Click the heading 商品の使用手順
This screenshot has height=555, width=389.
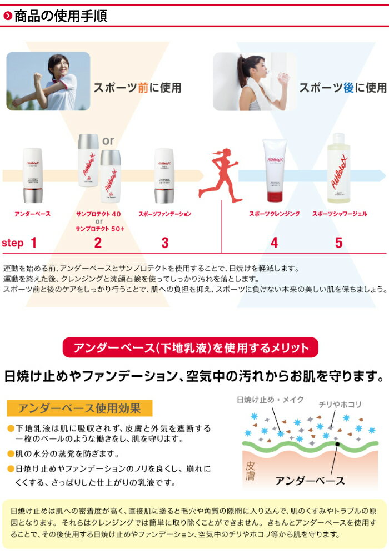click(60, 16)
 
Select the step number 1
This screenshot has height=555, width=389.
click(33, 243)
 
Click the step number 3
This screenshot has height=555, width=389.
click(164, 243)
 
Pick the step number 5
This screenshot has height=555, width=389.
click(339, 243)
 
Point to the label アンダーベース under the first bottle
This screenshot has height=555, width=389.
click(33, 214)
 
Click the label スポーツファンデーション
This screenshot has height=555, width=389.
click(165, 214)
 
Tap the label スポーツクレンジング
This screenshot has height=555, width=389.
click(275, 214)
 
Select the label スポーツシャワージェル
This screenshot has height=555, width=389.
click(340, 214)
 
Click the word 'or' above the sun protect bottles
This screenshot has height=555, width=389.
click(108, 140)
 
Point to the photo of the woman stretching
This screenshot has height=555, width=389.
click(48, 80)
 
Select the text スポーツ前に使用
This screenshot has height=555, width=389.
click(137, 88)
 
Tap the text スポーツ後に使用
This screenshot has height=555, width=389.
click(342, 88)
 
